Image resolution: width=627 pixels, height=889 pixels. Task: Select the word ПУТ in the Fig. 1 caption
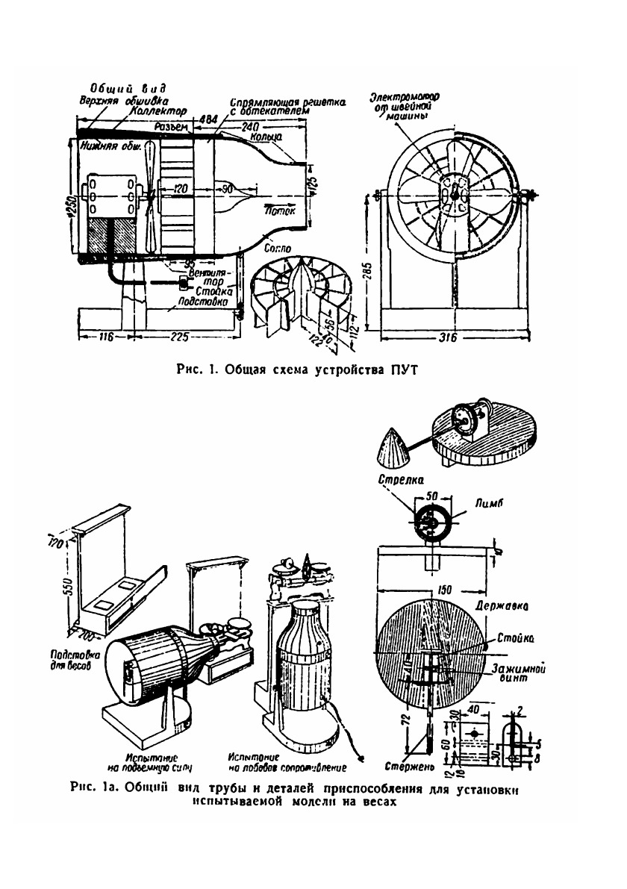(x=396, y=368)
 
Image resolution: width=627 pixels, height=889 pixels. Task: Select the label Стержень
(x=405, y=765)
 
